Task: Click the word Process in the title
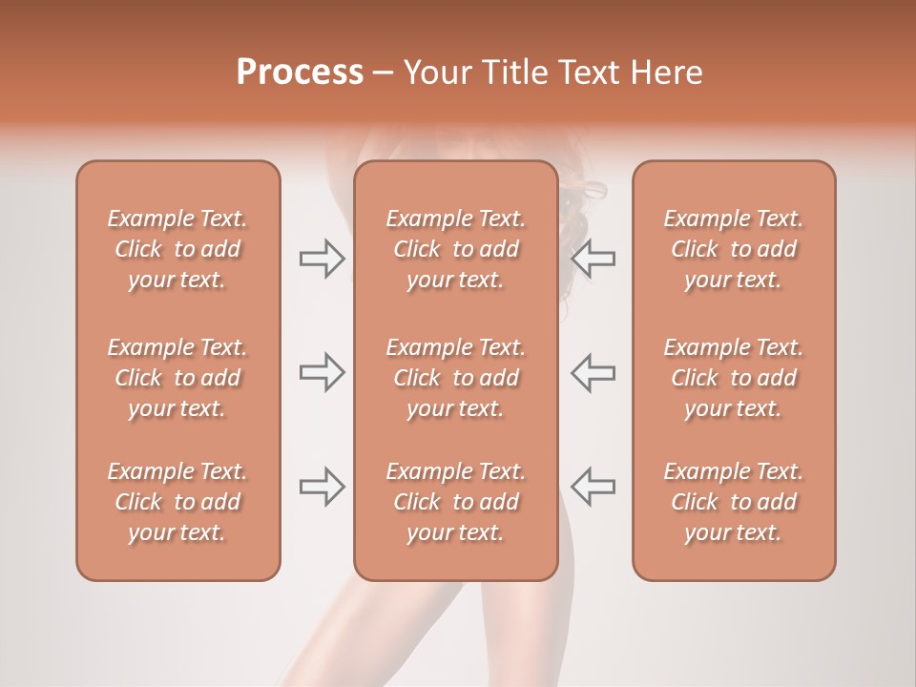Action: [300, 73]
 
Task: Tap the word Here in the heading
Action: [666, 73]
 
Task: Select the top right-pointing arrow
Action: [322, 259]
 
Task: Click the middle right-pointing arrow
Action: [322, 371]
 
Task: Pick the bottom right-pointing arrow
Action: [322, 486]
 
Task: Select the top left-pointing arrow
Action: [593, 259]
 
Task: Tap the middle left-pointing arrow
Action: [593, 371]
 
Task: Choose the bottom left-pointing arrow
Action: [593, 486]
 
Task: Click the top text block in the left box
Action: [177, 249]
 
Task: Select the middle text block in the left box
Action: [177, 378]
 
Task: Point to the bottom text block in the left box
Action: [177, 502]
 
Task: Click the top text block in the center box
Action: [455, 249]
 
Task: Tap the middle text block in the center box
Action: [455, 378]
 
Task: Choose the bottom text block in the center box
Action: [455, 502]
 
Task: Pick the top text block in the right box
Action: [733, 249]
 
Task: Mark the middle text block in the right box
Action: [733, 378]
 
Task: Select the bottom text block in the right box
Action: [733, 502]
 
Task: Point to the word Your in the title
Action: [434, 73]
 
